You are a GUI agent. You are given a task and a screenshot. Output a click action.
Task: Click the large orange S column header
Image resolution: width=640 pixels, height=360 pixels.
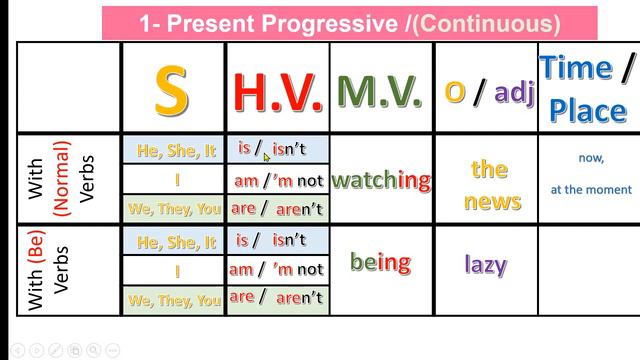click(172, 90)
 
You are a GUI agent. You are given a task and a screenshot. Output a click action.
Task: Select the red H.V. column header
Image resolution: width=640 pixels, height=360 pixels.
click(278, 91)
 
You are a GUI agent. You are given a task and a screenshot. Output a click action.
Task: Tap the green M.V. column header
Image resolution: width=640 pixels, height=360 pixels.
click(379, 91)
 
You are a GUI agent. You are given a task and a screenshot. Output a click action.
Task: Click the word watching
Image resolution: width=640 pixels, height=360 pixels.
click(380, 180)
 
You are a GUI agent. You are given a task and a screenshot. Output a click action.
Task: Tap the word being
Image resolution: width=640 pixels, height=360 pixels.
click(380, 263)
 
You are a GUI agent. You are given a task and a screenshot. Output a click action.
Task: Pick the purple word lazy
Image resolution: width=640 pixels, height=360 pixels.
click(486, 265)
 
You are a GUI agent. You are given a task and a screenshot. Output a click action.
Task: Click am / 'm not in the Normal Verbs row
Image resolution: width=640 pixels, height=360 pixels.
click(278, 181)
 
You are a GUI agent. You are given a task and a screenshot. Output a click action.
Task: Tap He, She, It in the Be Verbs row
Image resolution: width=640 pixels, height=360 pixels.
click(176, 242)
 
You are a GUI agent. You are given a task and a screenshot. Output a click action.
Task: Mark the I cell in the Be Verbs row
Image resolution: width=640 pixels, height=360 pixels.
click(176, 270)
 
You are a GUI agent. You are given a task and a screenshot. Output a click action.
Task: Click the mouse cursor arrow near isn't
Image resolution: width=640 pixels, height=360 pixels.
click(266, 156)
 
